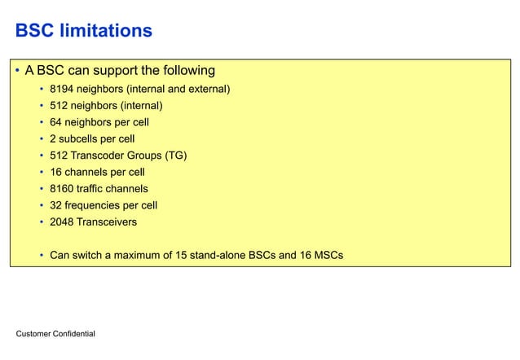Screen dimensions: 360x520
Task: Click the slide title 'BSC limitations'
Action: (83, 31)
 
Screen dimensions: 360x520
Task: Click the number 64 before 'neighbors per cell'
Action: (56, 122)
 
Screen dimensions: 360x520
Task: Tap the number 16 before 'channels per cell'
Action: (56, 172)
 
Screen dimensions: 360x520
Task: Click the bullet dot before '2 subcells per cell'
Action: (41, 138)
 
